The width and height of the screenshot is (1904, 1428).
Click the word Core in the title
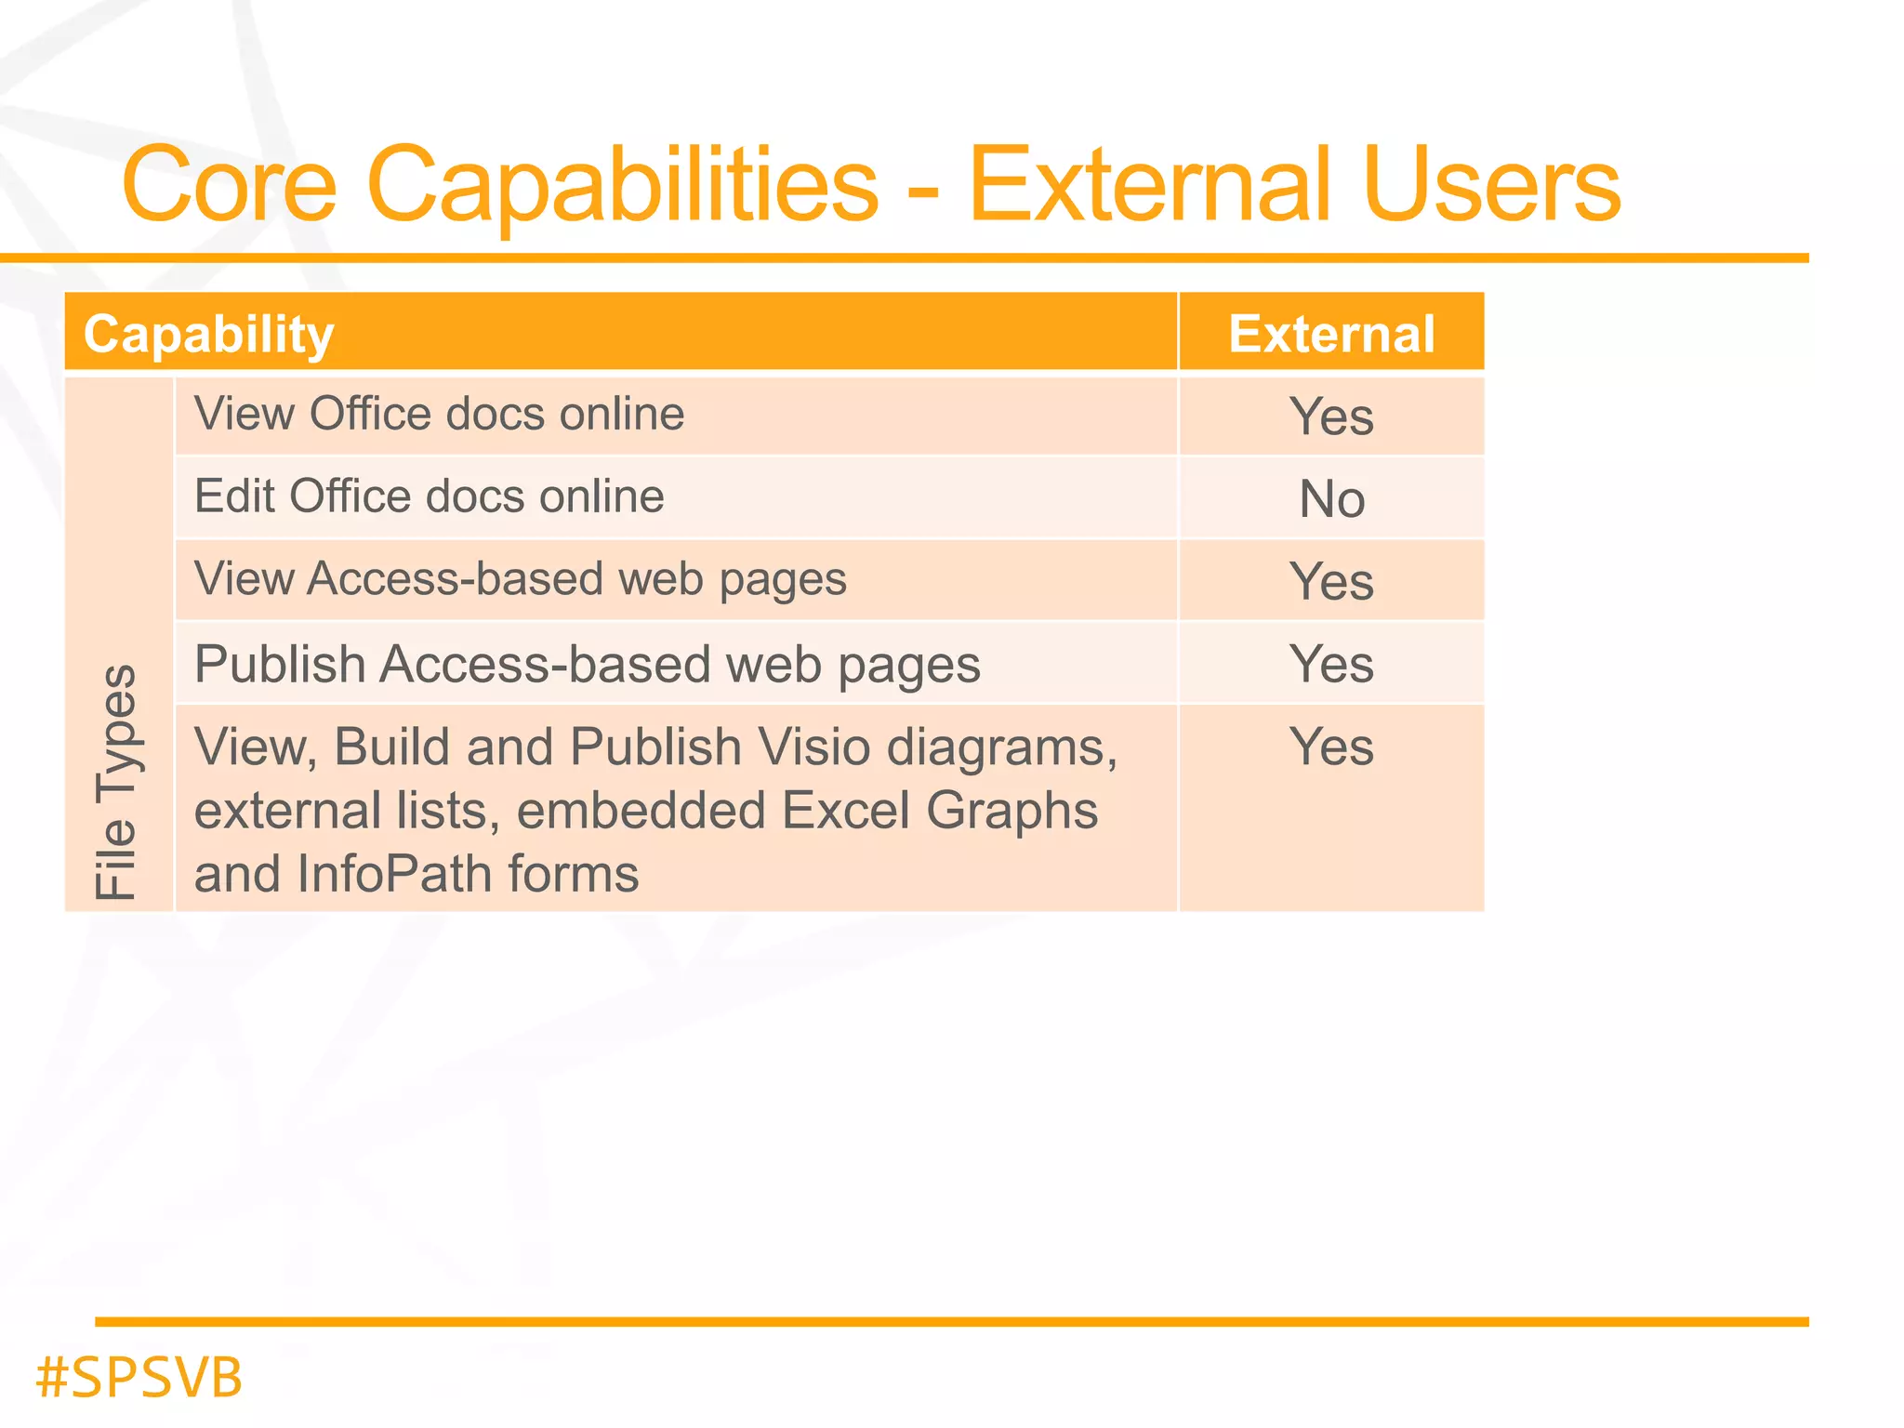coord(229,185)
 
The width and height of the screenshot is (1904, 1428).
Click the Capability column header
coord(208,334)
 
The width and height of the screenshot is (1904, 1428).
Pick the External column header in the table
coord(1331,334)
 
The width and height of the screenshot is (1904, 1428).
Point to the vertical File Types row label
coord(117,781)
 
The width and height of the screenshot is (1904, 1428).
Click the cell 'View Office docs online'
coord(439,414)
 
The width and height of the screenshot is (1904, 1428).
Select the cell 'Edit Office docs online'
coord(429,496)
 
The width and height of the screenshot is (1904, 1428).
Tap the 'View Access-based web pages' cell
coord(520,579)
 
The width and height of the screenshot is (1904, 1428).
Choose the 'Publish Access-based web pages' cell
coord(587,664)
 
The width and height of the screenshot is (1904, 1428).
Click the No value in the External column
coord(1331,499)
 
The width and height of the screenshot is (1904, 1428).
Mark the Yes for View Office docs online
coord(1331,416)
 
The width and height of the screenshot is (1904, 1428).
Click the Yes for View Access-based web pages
coord(1331,582)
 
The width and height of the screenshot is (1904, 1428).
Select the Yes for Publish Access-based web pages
coord(1331,664)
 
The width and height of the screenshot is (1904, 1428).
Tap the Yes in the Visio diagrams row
coord(1331,747)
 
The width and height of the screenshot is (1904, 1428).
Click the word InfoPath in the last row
coord(389,874)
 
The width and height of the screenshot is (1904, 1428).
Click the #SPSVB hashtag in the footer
coord(139,1377)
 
